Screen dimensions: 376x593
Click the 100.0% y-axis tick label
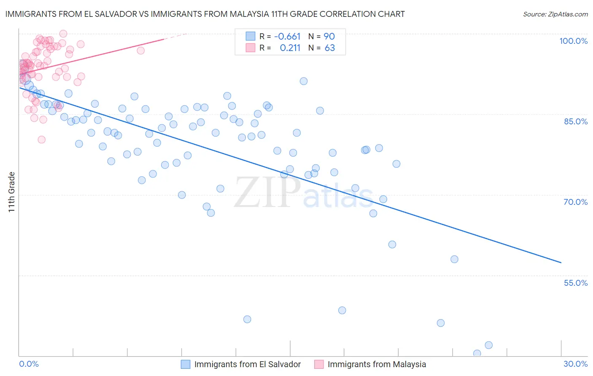573,41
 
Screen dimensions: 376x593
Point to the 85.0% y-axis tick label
576,121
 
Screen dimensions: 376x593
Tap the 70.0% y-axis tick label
576,202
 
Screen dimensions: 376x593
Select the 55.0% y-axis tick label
576,283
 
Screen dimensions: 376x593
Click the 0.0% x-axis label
29,364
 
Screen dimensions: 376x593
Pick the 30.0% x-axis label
575,364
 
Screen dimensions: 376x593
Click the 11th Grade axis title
12,192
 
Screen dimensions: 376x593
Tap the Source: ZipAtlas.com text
555,14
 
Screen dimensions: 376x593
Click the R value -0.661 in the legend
287,37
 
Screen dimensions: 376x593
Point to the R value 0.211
290,48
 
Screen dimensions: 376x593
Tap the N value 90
329,37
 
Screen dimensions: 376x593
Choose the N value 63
330,48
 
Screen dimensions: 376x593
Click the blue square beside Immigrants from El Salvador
186,364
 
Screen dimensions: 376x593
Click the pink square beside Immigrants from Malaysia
319,364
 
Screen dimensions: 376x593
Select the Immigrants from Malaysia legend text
377,364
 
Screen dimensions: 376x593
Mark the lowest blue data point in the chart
477,354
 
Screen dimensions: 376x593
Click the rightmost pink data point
141,51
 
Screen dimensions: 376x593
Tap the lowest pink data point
41,140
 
